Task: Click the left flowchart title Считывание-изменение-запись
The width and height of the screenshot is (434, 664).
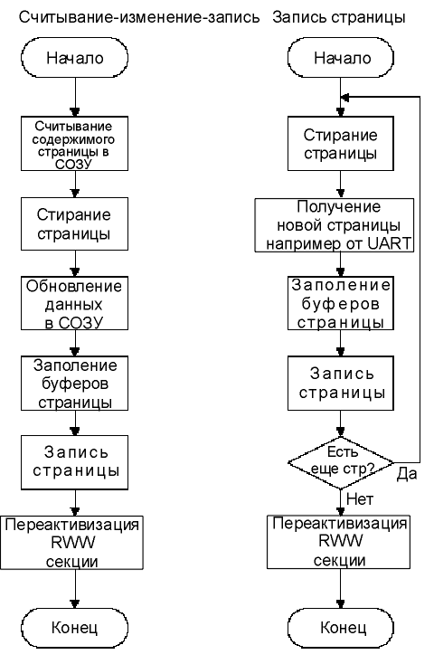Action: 139,18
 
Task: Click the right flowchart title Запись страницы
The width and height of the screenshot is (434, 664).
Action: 339,18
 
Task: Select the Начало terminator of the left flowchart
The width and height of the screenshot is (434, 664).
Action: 74,58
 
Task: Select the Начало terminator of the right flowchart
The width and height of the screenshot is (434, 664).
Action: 341,58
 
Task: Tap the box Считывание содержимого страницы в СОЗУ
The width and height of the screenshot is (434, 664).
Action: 74,144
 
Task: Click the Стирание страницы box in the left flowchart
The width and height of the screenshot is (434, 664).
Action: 74,223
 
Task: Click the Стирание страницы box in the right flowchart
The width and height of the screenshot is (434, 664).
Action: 341,144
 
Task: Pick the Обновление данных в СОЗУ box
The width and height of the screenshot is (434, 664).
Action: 74,303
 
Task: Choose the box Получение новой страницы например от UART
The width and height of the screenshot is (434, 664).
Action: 334,225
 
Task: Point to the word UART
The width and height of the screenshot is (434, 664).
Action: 390,243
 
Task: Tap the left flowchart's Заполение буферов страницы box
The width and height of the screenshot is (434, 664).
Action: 74,384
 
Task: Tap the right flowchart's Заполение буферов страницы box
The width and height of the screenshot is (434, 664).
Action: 341,303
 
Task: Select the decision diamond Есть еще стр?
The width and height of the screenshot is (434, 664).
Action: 341,462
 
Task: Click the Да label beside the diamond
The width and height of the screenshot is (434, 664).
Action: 407,474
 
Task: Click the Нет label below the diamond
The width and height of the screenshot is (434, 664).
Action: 360,499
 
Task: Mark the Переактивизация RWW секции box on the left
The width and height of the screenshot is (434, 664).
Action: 71,543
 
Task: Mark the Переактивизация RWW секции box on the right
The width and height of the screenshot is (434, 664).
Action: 338,542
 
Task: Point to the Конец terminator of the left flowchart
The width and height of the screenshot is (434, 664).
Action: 74,628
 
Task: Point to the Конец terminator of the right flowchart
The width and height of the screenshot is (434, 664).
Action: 341,628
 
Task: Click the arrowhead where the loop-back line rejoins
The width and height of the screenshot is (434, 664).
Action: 344,98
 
